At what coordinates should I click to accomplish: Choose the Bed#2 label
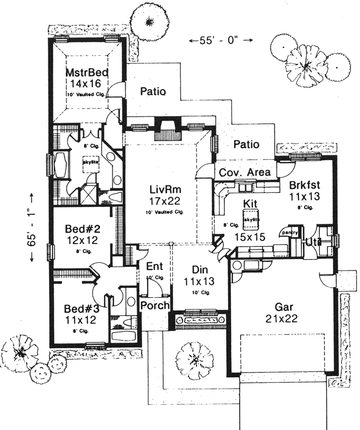pyautogui.click(x=83, y=228)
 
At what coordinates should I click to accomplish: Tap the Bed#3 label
pyautogui.click(x=81, y=309)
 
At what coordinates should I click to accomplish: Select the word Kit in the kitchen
pyautogui.click(x=250, y=204)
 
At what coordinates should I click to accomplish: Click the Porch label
pyautogui.click(x=155, y=305)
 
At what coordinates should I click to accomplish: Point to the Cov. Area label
pyautogui.click(x=246, y=173)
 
